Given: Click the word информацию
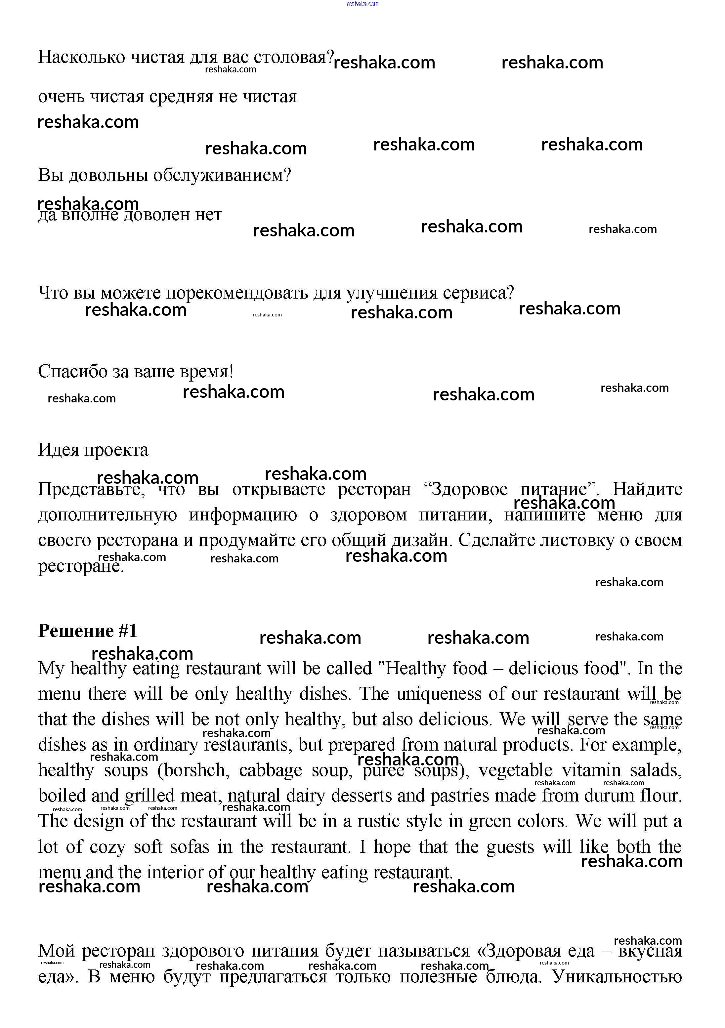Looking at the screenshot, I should tap(243, 514).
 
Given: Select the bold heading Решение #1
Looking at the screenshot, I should tap(87, 631).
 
